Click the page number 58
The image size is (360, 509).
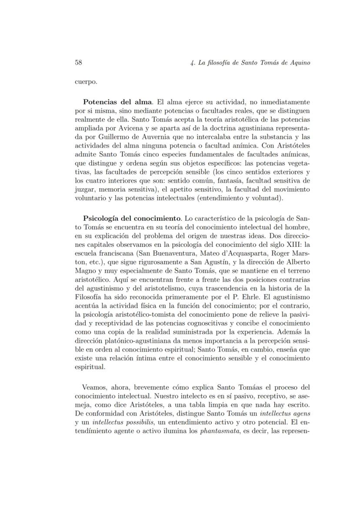79,62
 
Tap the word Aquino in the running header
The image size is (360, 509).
298,62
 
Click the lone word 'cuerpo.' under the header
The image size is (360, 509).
86,81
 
